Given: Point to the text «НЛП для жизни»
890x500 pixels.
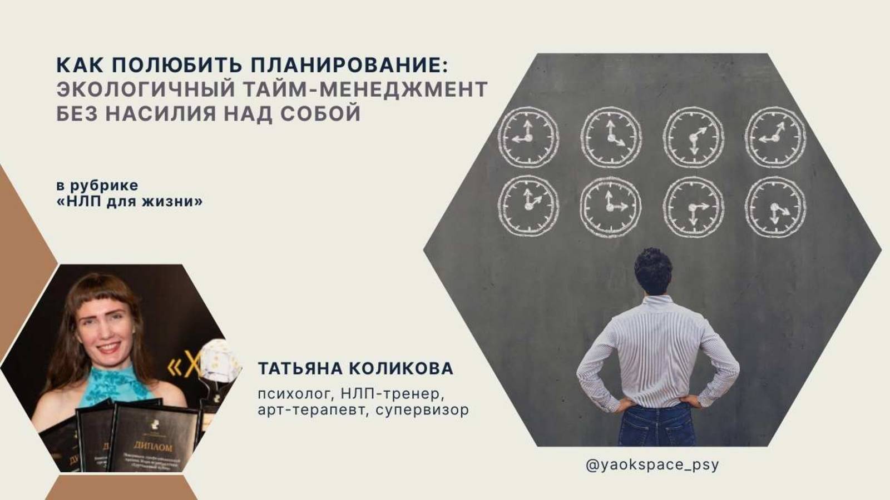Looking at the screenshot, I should tap(130, 201).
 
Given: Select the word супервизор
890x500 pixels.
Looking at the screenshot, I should tap(422, 411).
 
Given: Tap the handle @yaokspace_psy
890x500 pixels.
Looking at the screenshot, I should tap(652, 464).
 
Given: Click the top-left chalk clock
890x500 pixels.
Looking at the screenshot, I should tap(527, 137).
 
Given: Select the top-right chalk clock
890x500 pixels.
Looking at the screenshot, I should tap(775, 137).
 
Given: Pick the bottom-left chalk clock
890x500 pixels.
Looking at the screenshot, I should tap(527, 206).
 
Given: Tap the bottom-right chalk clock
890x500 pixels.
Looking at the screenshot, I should tap(775, 207).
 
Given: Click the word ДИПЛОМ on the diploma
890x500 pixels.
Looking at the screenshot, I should tap(153, 446).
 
